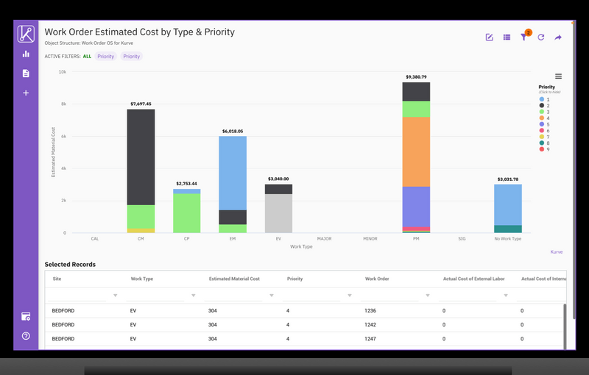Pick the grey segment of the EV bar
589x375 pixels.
278,213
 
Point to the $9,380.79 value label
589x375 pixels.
416,77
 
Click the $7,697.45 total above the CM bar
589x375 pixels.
141,104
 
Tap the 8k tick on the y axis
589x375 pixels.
63,104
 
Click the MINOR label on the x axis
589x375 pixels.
370,239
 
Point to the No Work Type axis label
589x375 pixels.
507,239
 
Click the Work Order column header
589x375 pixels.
376,279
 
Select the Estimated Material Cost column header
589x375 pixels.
234,279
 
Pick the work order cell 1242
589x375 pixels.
370,324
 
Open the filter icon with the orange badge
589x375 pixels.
524,37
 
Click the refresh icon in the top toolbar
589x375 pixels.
541,37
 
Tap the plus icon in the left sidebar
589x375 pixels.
26,93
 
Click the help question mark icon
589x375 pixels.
26,336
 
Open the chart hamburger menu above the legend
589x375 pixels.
558,76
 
